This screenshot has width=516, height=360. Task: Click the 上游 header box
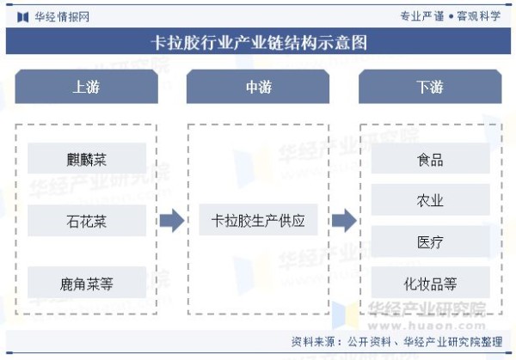[x=87, y=87]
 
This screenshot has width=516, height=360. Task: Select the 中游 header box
[x=258, y=87]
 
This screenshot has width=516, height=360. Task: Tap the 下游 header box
[x=430, y=87]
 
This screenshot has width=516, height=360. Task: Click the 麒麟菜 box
[x=87, y=158]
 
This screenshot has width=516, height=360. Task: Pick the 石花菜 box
[x=87, y=220]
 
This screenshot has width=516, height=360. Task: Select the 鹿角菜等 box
[x=87, y=283]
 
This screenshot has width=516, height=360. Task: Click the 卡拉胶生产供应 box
[x=258, y=220]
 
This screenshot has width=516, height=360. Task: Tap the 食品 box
[x=431, y=158]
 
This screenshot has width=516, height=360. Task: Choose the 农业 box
[x=431, y=199]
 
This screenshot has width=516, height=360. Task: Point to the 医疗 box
[x=431, y=241]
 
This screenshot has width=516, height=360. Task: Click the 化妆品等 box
[x=431, y=283]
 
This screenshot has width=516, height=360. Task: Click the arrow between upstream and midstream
[x=172, y=220]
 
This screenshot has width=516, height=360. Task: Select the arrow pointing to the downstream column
[x=344, y=220]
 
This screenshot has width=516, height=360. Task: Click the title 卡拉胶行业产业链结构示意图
[x=259, y=42]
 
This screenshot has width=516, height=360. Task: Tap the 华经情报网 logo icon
[x=22, y=17]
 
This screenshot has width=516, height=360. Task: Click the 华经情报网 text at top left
[x=62, y=17]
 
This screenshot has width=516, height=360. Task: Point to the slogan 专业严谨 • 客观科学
[x=451, y=16]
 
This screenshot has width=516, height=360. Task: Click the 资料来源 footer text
[x=396, y=342]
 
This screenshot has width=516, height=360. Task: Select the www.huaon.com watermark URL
[x=427, y=326]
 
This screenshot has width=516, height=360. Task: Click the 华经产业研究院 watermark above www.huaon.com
[x=427, y=309]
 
